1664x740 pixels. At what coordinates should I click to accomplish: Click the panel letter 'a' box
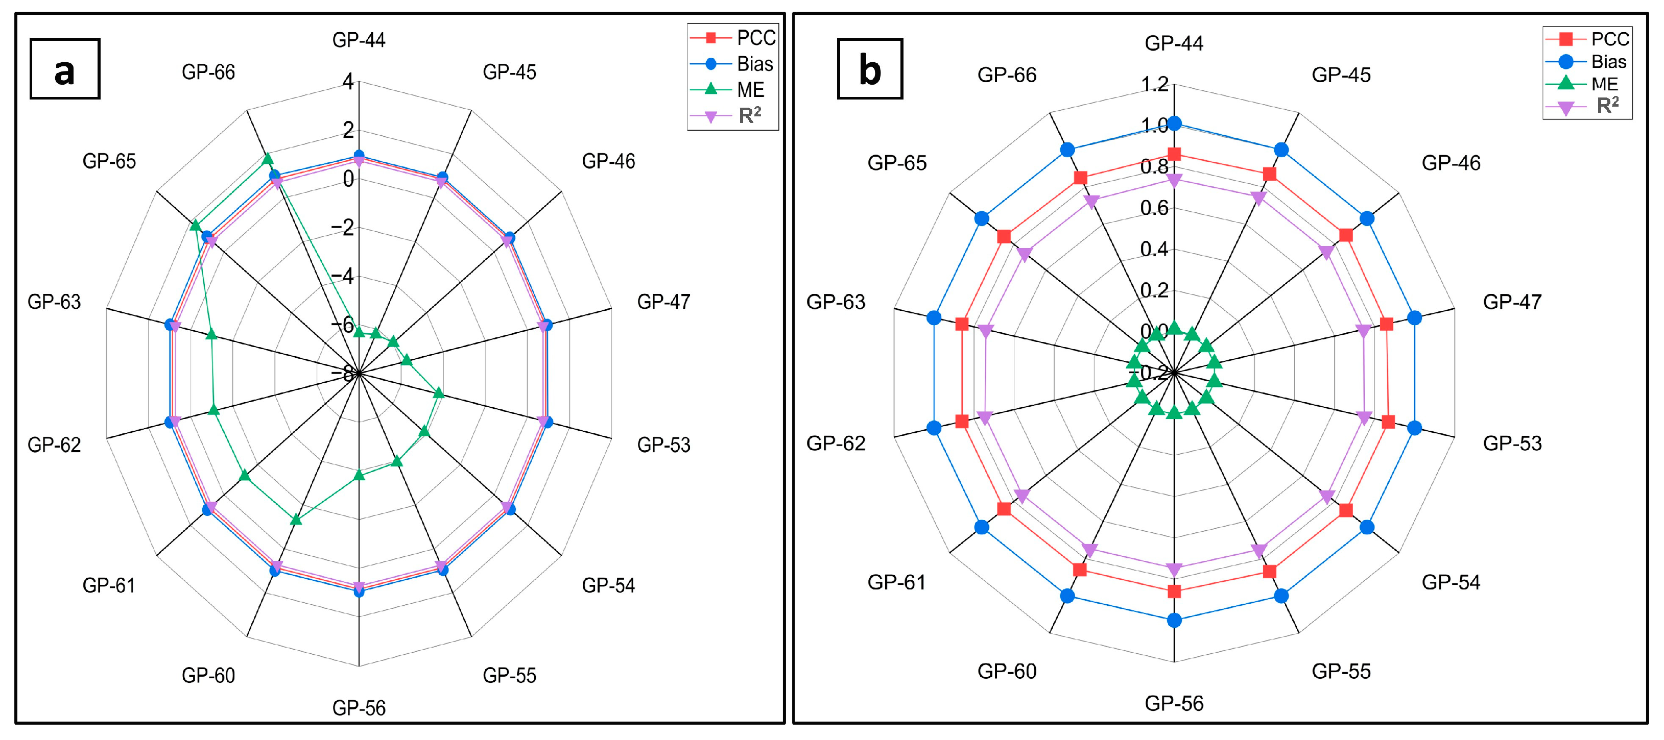coord(64,68)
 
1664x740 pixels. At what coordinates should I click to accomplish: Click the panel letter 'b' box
coord(869,68)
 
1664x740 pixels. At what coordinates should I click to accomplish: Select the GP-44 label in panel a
coord(359,40)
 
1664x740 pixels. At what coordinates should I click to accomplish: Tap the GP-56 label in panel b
coord(1174,703)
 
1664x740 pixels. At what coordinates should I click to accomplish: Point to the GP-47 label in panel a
coord(663,302)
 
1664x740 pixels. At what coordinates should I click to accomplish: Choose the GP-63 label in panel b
coord(835,302)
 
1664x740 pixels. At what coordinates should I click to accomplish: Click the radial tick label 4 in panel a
coord(348,82)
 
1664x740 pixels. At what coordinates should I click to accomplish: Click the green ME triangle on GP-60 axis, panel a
coord(296,519)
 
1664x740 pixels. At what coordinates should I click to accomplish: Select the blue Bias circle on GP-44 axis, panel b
coord(1174,124)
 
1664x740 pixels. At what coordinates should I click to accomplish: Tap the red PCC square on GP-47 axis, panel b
coord(1386,324)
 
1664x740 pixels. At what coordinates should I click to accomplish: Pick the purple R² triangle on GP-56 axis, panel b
coord(1174,570)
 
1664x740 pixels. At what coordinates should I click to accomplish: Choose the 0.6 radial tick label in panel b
coord(1154,208)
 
